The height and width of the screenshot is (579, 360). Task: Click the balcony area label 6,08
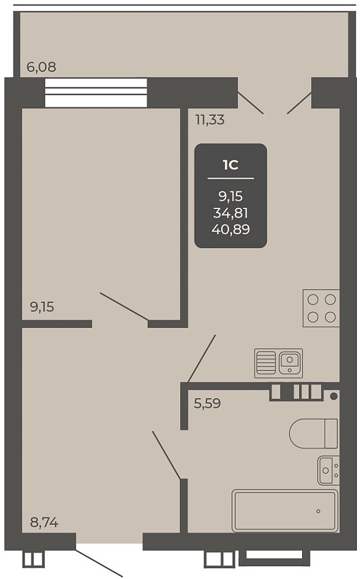pos(41,67)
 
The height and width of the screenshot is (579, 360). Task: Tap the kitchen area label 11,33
pos(210,120)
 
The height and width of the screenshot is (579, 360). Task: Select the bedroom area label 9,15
pos(42,307)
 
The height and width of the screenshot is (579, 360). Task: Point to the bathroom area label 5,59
pos(207,403)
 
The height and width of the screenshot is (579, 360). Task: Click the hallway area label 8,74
pos(44,522)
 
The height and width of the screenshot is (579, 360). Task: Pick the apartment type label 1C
pos(231,165)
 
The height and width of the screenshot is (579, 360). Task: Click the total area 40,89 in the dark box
pos(231,229)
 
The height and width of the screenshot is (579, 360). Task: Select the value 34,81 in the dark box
pos(231,213)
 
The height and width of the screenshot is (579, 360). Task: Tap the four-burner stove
pos(321,308)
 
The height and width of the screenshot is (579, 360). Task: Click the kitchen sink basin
pos(289,362)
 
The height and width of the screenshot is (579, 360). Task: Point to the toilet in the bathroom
pos(314,434)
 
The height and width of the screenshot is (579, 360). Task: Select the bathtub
pos(285,511)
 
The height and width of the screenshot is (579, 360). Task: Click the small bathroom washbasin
pos(328,470)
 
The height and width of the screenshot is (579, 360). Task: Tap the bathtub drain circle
pos(318,511)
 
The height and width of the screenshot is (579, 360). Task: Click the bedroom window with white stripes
pos(96,92)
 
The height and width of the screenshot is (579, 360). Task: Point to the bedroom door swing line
pos(124,306)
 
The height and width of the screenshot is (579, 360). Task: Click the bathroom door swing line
pos(166,455)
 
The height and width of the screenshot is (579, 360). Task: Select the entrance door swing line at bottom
pos(98,563)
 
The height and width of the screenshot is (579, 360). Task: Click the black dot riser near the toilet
pos(334,396)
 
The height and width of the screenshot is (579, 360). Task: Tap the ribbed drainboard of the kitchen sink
pos(265,363)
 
